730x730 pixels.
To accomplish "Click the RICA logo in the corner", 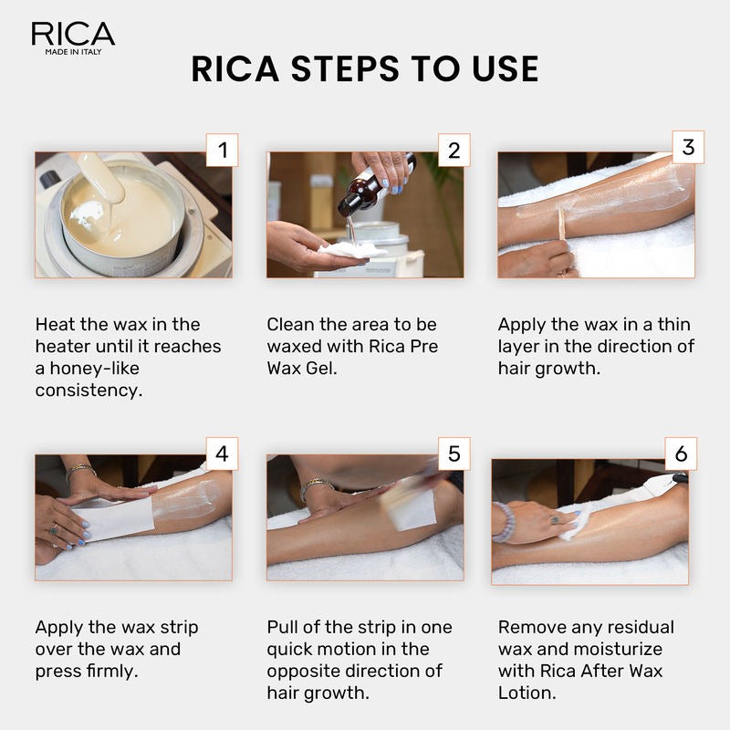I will tap(73, 37).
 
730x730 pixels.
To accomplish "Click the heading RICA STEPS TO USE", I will tap(365, 69).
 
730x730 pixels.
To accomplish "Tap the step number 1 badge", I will tap(222, 150).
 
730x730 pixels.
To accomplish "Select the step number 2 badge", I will tap(454, 150).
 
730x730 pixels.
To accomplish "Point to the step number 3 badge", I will tap(688, 147).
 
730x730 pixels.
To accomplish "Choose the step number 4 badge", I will tap(222, 453).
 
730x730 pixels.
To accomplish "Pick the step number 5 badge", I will tap(454, 453).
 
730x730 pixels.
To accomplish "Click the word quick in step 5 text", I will tap(292, 649).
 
